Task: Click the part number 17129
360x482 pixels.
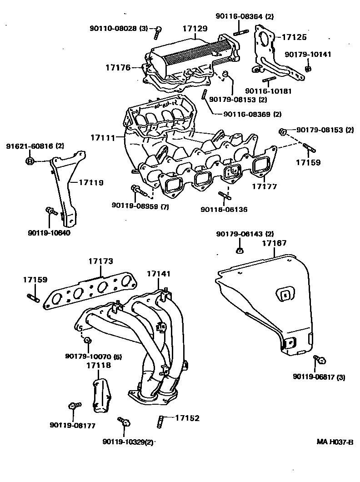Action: [195, 28]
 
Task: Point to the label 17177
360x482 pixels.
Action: [265, 186]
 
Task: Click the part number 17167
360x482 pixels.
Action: [274, 243]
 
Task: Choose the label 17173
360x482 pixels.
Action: [100, 261]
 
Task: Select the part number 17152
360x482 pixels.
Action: [187, 418]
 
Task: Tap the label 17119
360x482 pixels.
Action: [91, 183]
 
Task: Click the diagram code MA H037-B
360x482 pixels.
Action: [335, 442]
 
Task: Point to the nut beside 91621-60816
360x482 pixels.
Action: [30, 161]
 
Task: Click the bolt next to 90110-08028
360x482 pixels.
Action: [158, 31]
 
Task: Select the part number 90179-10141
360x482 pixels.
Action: [308, 55]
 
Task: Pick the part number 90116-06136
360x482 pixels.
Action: [224, 210]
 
